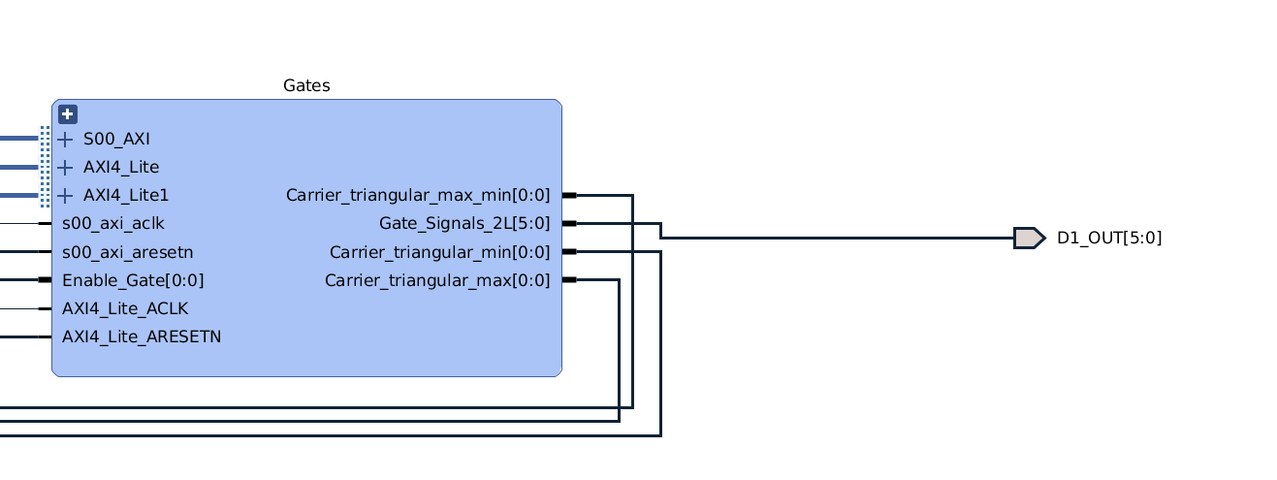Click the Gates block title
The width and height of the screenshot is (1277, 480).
(306, 85)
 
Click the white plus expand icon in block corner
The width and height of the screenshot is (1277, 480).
(68, 114)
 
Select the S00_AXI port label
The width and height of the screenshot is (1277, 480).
(116, 139)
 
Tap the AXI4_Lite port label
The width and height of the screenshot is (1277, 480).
(121, 167)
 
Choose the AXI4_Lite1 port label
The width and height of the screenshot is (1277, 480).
(126, 195)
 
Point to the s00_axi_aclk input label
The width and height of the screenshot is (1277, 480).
(113, 223)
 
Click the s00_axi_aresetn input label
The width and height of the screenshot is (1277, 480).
(128, 252)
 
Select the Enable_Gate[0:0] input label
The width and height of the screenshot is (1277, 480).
(133, 280)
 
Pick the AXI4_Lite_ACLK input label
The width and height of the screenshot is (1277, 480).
(125, 308)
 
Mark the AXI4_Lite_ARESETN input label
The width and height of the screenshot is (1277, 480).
(142, 336)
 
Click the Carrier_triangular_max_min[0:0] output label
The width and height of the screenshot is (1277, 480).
(418, 196)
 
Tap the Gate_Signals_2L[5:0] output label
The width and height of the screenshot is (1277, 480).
(464, 224)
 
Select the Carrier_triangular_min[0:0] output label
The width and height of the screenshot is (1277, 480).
(439, 252)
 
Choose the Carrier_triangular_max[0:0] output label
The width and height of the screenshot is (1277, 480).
(437, 280)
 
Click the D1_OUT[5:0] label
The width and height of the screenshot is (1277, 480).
(1109, 238)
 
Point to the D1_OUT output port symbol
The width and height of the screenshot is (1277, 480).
(1029, 238)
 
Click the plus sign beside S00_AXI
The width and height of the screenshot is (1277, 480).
(66, 139)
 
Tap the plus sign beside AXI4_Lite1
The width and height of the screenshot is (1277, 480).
(66, 195)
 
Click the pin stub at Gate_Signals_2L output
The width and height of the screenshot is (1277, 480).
(569, 223)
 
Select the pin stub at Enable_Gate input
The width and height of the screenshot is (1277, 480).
(45, 280)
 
